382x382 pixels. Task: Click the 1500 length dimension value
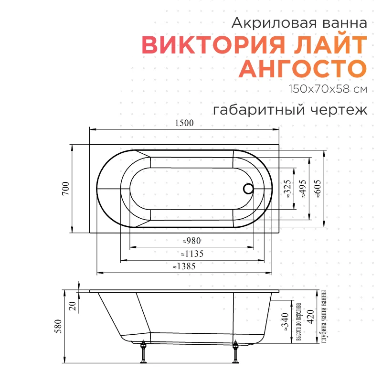pyautogui.click(x=184, y=123)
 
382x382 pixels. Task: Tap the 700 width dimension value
pyautogui.click(x=66, y=188)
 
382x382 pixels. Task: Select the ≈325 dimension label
pyautogui.click(x=287, y=189)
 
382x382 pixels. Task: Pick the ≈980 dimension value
pyautogui.click(x=192, y=241)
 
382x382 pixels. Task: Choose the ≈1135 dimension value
pyautogui.click(x=192, y=254)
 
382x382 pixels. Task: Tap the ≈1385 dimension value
pyautogui.click(x=184, y=266)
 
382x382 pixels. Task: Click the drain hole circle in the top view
pyautogui.click(x=248, y=189)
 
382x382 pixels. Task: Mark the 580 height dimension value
pyautogui.click(x=58, y=326)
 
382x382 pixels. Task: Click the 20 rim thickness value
pyautogui.click(x=73, y=306)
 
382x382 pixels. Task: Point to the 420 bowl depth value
pyautogui.click(x=310, y=317)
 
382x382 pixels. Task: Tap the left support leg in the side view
pyautogui.click(x=143, y=352)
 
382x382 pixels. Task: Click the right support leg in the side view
pyautogui.click(x=235, y=352)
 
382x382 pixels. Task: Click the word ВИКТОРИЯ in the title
pyautogui.click(x=213, y=45)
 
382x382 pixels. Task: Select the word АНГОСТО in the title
pyautogui.click(x=303, y=68)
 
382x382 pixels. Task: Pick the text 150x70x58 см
pyautogui.click(x=328, y=89)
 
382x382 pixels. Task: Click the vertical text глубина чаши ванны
pyautogui.click(x=324, y=317)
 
